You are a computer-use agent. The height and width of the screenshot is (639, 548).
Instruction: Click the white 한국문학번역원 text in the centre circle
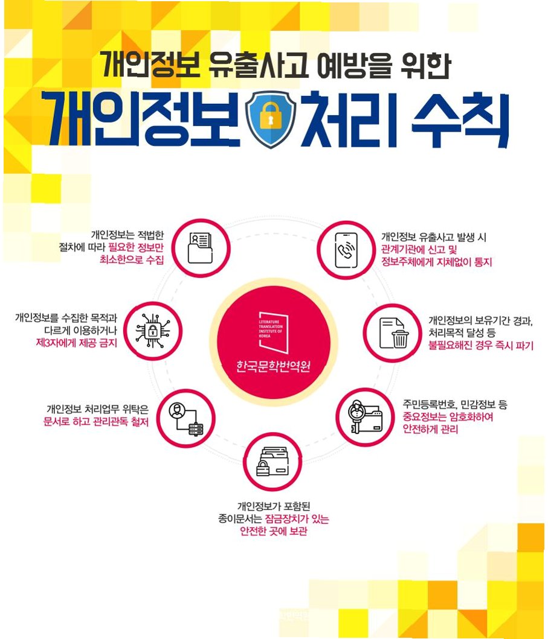coord(274,366)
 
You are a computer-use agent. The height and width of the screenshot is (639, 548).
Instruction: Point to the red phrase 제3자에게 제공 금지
coord(77,343)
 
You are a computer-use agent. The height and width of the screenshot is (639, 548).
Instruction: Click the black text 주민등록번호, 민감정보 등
coord(455,404)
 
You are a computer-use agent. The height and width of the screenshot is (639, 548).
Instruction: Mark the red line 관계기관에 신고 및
coord(421,250)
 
